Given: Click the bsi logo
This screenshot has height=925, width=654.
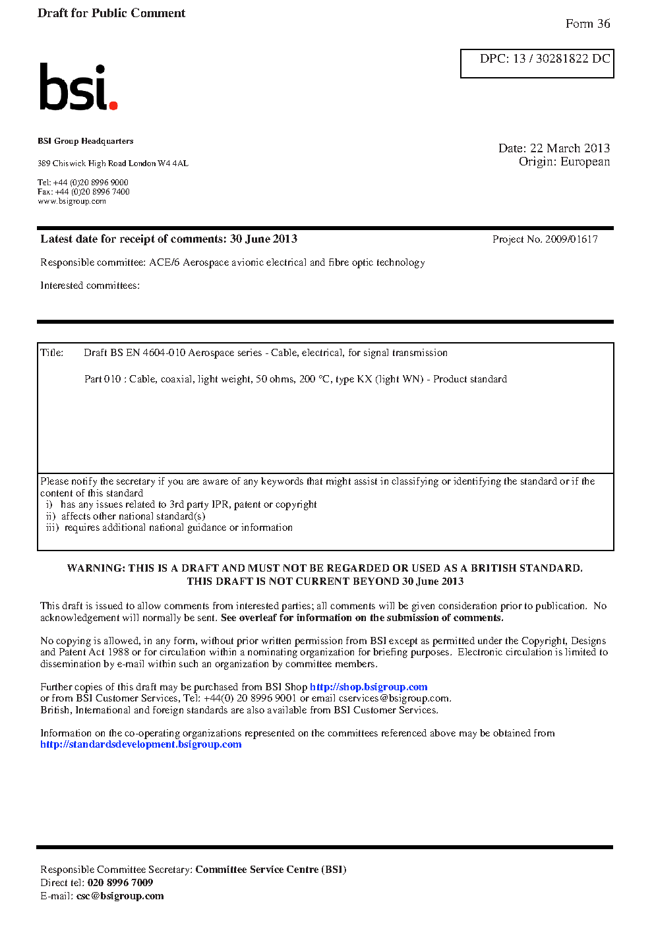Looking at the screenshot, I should tap(78, 87).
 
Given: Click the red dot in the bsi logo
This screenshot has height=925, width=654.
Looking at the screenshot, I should tap(113, 105).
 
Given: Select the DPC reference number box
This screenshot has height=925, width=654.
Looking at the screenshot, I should tap(537, 63).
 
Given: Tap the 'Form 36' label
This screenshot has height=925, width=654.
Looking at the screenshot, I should tap(587, 24).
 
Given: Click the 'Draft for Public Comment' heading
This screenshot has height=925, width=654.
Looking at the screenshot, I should tap(111, 13).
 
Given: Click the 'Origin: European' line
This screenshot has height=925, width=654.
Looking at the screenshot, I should tap(564, 162).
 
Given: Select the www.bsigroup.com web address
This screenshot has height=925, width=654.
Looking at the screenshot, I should tap(72, 201).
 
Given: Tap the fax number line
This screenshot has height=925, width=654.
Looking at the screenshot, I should tap(84, 192).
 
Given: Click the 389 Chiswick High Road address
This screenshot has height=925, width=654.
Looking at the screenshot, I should tap(113, 164).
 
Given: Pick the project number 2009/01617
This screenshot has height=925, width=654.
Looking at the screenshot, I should tap(571, 239).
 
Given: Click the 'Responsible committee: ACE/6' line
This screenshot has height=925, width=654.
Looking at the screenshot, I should tap(232, 262).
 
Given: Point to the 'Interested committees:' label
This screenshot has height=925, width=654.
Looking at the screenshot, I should tap(90, 285).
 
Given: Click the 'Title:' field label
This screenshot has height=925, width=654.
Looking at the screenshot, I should tap(52, 353).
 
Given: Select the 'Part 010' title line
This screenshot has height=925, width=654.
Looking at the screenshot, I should tap(295, 379).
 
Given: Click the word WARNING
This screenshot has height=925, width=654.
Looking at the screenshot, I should tap(95, 568).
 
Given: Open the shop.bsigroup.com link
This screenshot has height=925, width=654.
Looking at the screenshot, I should tap(369, 687).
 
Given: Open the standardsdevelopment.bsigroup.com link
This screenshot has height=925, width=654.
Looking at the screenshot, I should tap(140, 744).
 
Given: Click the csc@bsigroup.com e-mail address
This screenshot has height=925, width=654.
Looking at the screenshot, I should tap(120, 896).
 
